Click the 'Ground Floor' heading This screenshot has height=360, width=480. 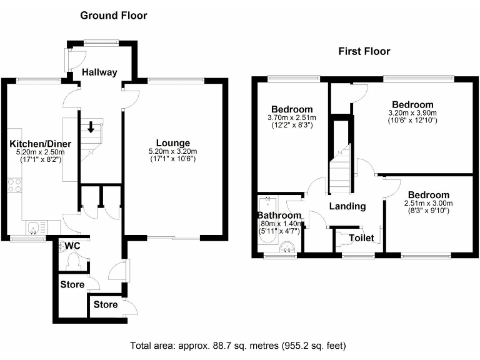click(114, 15)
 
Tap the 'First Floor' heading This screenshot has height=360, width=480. click(364, 51)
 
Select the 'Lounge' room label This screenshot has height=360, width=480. click(173, 143)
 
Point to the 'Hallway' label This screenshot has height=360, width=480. click(99, 72)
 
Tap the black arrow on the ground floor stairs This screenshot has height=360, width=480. click(91, 127)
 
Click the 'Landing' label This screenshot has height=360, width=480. click(347, 206)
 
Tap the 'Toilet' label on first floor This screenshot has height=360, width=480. click(361, 238)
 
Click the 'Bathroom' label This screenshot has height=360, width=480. click(279, 216)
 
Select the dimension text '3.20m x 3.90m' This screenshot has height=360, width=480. click(412, 112)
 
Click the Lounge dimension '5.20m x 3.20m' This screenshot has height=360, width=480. click(173, 151)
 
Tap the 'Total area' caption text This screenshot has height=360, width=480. click(237, 345)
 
